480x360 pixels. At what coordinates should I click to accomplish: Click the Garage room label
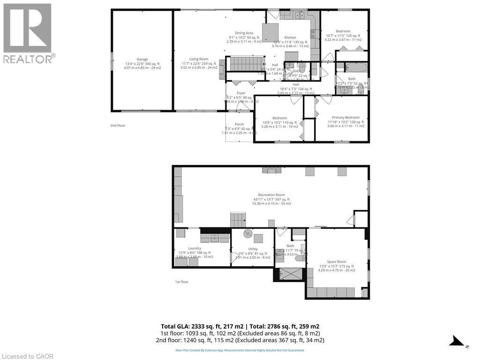point(142,59)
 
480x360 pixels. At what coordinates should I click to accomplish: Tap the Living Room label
point(198,59)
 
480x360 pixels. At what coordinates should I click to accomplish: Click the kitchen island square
point(270,33)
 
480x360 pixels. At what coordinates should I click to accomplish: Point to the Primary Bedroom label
point(345,118)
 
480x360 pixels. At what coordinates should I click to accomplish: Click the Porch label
point(239,124)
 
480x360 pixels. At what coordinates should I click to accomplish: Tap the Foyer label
point(240,93)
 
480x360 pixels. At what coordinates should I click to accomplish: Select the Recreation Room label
point(271,195)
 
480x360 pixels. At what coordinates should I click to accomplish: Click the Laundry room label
point(195,248)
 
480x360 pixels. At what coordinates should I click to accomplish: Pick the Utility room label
point(252,249)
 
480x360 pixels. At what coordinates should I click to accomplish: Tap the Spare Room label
point(336,262)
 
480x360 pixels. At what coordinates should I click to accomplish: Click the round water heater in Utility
point(247,233)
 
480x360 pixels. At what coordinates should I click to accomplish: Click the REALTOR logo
point(28,33)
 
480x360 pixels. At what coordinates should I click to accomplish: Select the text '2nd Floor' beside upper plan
point(118,126)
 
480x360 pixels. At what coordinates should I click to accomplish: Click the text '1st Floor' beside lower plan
point(181,282)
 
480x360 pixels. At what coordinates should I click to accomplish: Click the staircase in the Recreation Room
point(238,220)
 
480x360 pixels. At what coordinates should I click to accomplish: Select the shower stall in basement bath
point(290,273)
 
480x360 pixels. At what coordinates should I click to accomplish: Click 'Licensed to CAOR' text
point(28,356)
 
